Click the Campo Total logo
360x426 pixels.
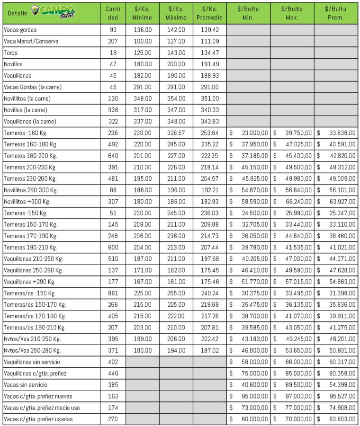(53, 12)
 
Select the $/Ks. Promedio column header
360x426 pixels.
(209, 13)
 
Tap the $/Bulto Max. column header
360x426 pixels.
(292, 13)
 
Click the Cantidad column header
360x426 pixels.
(113, 13)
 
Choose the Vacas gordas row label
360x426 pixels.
(20, 30)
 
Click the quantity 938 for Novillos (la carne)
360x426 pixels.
(113, 110)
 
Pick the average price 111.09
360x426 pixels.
(209, 41)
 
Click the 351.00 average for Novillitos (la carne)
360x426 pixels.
(209, 98)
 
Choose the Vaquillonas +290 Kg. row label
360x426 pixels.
(29, 282)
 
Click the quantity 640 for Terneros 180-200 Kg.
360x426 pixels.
(113, 156)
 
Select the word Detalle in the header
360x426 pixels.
(18, 13)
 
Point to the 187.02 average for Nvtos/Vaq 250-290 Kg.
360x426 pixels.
(209, 350)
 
